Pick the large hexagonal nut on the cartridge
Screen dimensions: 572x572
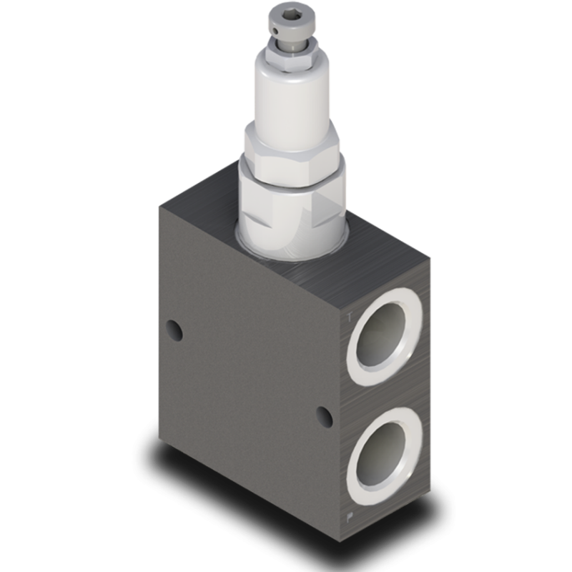pos(292,154)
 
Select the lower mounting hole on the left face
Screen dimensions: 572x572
pos(326,415)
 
